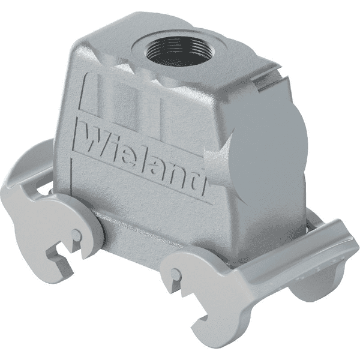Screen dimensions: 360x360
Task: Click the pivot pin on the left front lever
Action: click(x=76, y=236)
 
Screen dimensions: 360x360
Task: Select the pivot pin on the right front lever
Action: click(x=176, y=274)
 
